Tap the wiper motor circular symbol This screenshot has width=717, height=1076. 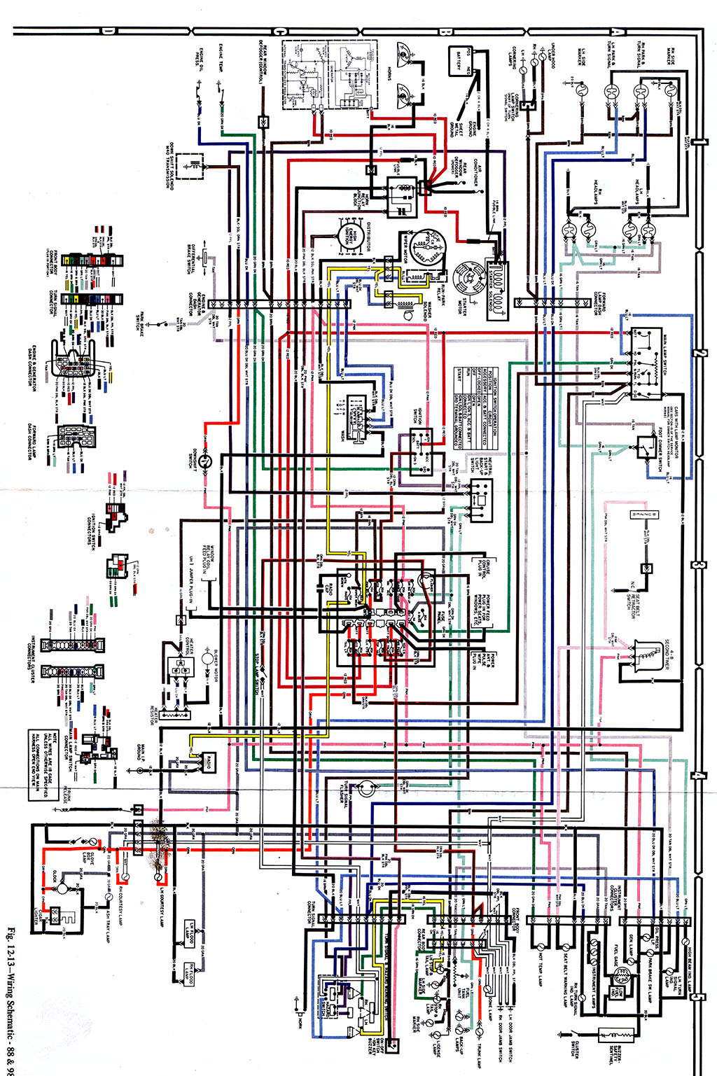(x=428, y=249)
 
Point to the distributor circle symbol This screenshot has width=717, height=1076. (x=347, y=235)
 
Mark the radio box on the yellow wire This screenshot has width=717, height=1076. (x=209, y=762)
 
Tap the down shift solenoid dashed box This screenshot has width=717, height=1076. (x=189, y=166)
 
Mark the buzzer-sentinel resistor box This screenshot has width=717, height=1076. (x=615, y=1035)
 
